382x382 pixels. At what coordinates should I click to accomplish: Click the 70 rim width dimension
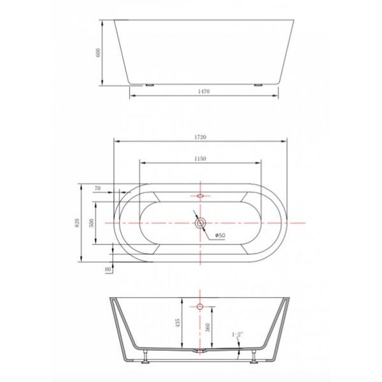97,188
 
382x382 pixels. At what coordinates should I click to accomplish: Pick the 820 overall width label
76,223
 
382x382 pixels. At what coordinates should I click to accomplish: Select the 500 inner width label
92,223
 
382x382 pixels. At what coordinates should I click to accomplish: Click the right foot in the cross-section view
255,357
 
